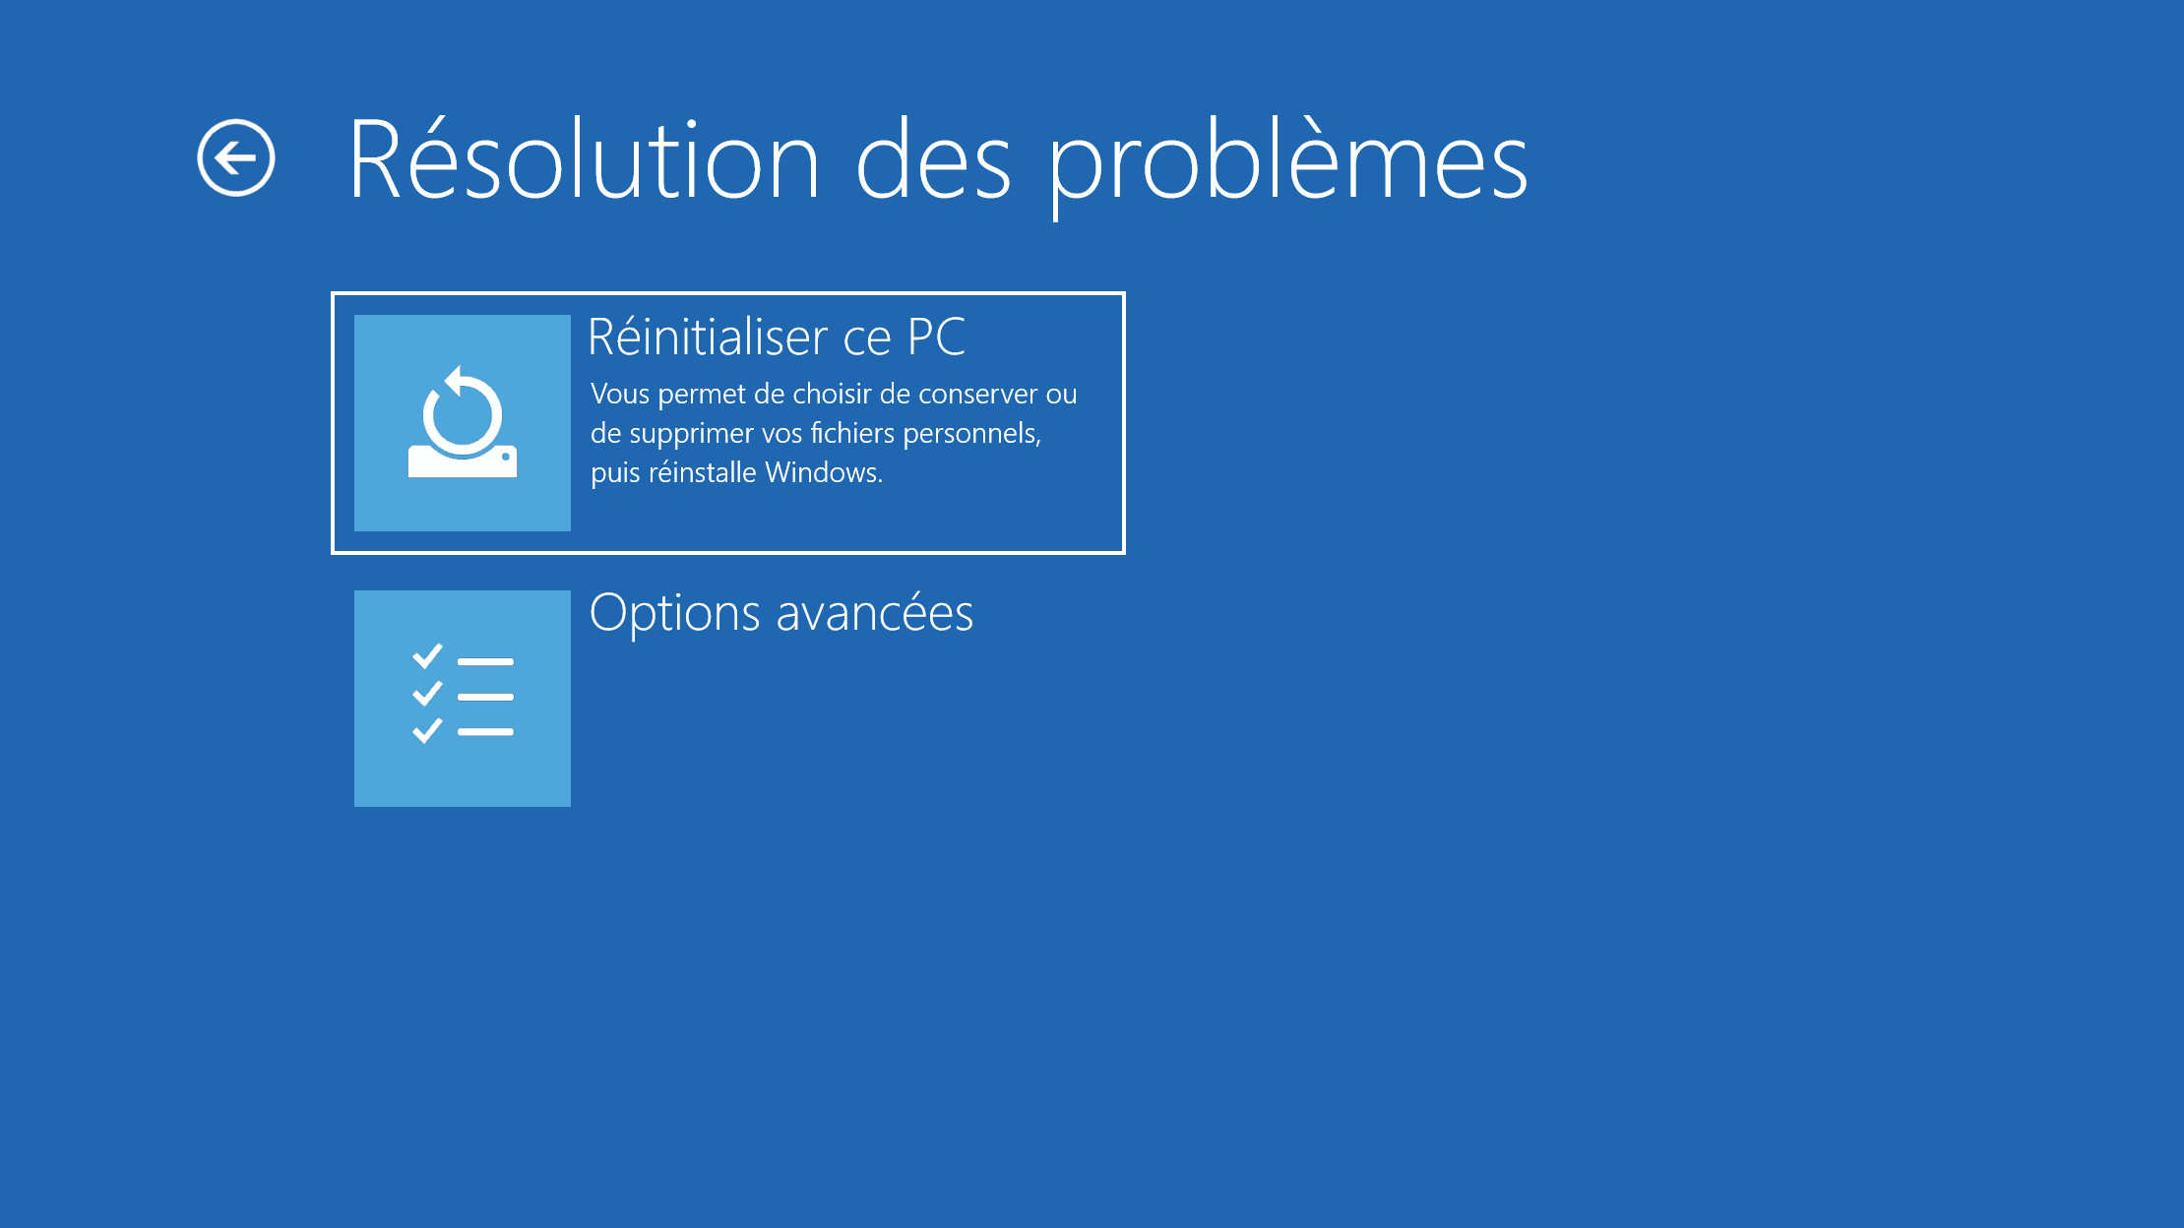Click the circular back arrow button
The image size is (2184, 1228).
tap(236, 157)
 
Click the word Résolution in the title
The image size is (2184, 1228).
tap(584, 158)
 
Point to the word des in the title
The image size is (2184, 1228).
tap(933, 158)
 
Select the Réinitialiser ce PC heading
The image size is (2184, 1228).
tap(777, 337)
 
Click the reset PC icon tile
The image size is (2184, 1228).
tap(463, 423)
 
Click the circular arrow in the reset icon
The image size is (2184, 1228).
tap(462, 410)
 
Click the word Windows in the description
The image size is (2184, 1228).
tap(824, 472)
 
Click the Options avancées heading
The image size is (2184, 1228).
tap(781, 613)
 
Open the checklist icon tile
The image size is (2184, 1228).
tap(463, 699)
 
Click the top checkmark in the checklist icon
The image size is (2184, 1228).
tap(427, 656)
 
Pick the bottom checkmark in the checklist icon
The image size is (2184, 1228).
tap(427, 730)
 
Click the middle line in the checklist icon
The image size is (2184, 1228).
tap(485, 697)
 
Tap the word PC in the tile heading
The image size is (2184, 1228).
tap(936, 337)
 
